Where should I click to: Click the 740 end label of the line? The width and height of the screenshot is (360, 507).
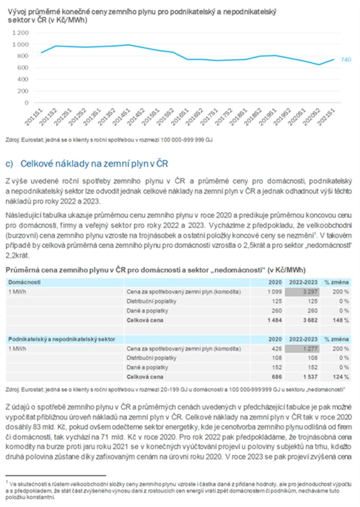click(x=346, y=60)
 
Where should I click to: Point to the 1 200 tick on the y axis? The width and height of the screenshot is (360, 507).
click(x=19, y=33)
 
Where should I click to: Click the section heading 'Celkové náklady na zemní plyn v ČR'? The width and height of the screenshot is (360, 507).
click(x=94, y=164)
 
